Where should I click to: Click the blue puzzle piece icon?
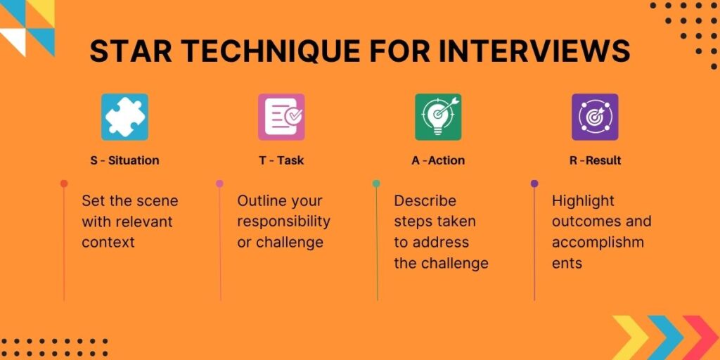(124, 117)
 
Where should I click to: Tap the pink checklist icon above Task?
(281, 117)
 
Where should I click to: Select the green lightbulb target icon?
(438, 117)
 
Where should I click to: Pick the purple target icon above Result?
(595, 117)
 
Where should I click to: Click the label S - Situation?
(124, 160)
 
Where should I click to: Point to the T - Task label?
(281, 160)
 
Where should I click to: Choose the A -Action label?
(438, 160)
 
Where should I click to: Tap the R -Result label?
(595, 160)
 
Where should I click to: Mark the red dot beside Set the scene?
(64, 184)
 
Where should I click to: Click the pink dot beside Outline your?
(220, 184)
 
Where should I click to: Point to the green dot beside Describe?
(377, 184)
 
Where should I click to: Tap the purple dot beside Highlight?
(534, 184)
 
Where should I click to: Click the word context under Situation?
(108, 243)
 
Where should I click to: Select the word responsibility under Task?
(283, 221)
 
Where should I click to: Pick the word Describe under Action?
(425, 201)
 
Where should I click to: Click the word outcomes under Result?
(581, 221)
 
